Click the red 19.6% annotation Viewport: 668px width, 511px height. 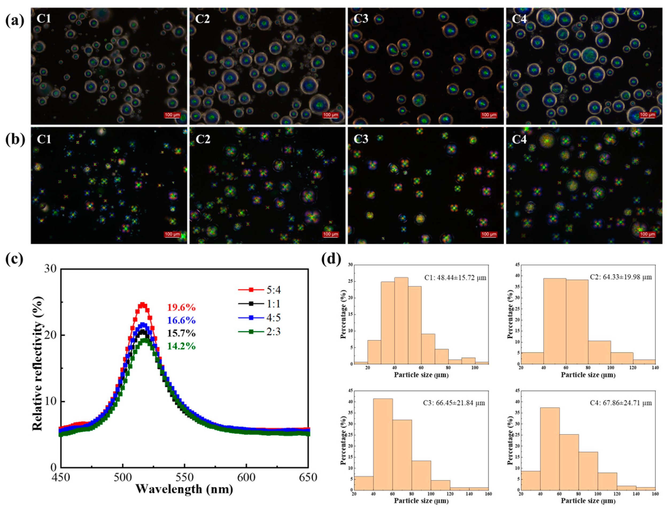click(182, 308)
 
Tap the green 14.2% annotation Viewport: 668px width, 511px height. click(182, 346)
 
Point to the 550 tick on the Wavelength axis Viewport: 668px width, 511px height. click(184, 477)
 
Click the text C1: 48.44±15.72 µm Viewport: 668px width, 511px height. click(455, 278)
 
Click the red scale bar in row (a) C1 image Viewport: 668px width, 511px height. click(172, 115)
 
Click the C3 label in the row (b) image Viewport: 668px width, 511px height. click(361, 139)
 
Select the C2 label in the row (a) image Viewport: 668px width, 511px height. click(202, 19)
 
